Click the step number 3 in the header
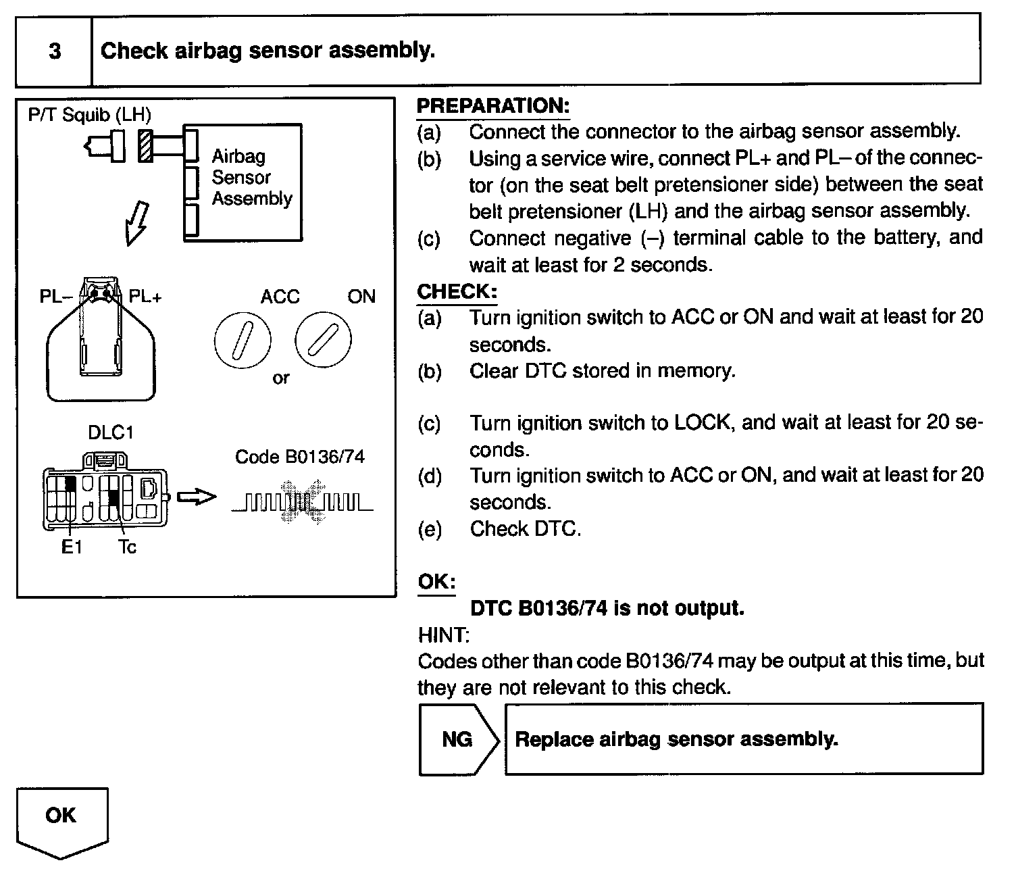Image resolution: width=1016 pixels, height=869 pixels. tap(55, 51)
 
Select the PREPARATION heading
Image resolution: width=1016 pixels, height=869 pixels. tap(493, 106)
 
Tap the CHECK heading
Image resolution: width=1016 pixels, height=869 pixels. tap(457, 292)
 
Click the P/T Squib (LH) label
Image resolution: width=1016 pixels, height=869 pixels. tap(89, 114)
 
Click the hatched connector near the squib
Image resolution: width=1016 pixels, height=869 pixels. tap(145, 145)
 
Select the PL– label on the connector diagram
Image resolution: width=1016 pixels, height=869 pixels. tap(55, 297)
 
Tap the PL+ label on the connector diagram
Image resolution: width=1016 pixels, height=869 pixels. tap(145, 297)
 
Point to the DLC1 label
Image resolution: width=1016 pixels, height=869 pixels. tap(111, 432)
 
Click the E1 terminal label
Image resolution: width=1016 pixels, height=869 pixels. tap(71, 547)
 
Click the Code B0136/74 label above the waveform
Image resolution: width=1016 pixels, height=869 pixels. tap(299, 457)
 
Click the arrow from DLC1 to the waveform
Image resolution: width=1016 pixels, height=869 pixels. tap(197, 498)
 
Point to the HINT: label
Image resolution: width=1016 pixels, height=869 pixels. tap(443, 635)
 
